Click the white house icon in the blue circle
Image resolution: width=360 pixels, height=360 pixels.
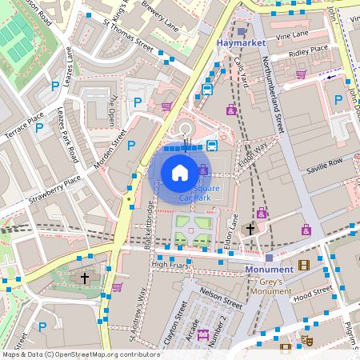[x=180, y=171]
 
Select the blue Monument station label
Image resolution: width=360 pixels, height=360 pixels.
[x=269, y=270]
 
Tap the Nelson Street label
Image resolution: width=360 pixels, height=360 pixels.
[x=221, y=299]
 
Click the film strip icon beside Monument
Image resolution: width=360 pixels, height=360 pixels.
[x=303, y=265]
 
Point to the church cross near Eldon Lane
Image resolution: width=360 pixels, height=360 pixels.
[x=250, y=229]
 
